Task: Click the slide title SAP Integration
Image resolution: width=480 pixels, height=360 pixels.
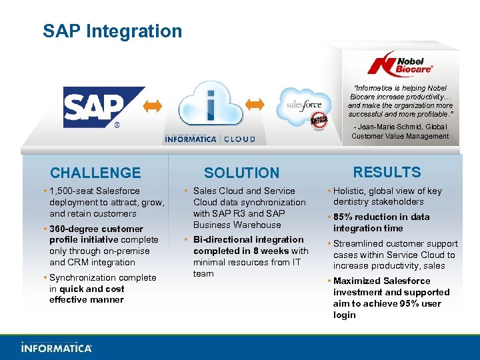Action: click(x=112, y=31)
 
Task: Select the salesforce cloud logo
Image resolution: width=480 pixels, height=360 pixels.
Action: click(x=303, y=105)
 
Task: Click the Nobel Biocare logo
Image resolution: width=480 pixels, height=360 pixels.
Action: click(x=400, y=63)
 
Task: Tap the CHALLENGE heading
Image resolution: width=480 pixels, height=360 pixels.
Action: click(x=95, y=173)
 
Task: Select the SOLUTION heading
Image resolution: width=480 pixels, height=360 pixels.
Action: click(x=241, y=173)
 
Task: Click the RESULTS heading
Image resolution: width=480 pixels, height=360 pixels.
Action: click(x=387, y=172)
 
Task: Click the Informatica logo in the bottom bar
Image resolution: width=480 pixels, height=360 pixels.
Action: click(x=57, y=347)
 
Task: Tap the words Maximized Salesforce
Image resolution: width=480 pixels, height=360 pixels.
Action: click(x=383, y=281)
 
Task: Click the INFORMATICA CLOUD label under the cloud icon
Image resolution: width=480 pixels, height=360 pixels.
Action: click(x=210, y=139)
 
